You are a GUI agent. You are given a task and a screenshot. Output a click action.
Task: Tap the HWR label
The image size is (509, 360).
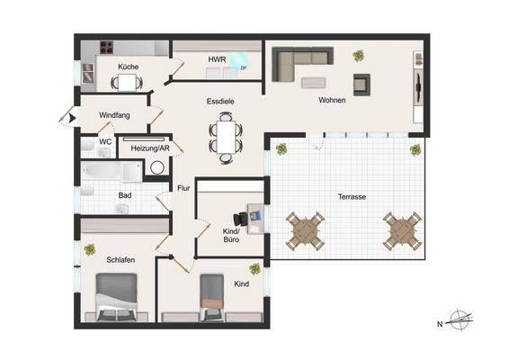(x=217, y=59)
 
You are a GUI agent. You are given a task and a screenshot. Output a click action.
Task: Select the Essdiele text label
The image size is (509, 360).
(x=220, y=102)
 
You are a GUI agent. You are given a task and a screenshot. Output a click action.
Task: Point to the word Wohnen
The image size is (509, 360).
(x=332, y=101)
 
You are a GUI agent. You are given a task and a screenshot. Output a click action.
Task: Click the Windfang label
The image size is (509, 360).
(x=114, y=116)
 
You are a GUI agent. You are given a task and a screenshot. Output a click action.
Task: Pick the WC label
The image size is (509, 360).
(x=105, y=141)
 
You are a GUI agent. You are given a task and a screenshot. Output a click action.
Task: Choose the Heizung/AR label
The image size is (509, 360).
(x=149, y=148)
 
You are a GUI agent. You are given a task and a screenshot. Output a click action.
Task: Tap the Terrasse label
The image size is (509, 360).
(x=351, y=196)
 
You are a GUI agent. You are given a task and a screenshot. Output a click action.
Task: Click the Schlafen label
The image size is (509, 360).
(x=121, y=259)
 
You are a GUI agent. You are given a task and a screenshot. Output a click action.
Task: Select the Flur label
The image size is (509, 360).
(x=183, y=188)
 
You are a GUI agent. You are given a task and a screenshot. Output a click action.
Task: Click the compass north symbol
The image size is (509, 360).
(x=460, y=320)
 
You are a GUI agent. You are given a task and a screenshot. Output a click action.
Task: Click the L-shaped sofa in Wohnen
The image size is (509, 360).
(x=297, y=64)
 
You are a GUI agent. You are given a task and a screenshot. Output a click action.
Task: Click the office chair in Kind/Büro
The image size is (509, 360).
(x=240, y=217)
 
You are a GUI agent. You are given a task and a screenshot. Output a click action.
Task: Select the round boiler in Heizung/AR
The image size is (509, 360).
(x=158, y=166)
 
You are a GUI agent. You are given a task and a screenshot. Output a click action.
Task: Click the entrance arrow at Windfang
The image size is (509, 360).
(x=63, y=116)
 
